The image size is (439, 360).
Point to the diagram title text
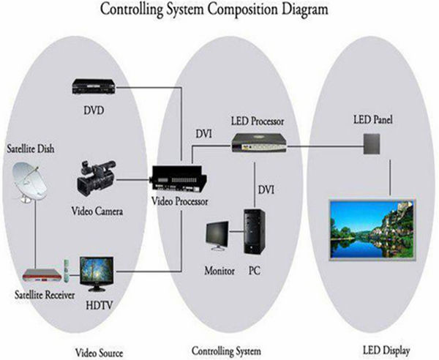tap(219, 10)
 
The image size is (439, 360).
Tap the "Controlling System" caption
tap(225, 348)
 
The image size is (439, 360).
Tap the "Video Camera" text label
tap(97, 212)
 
